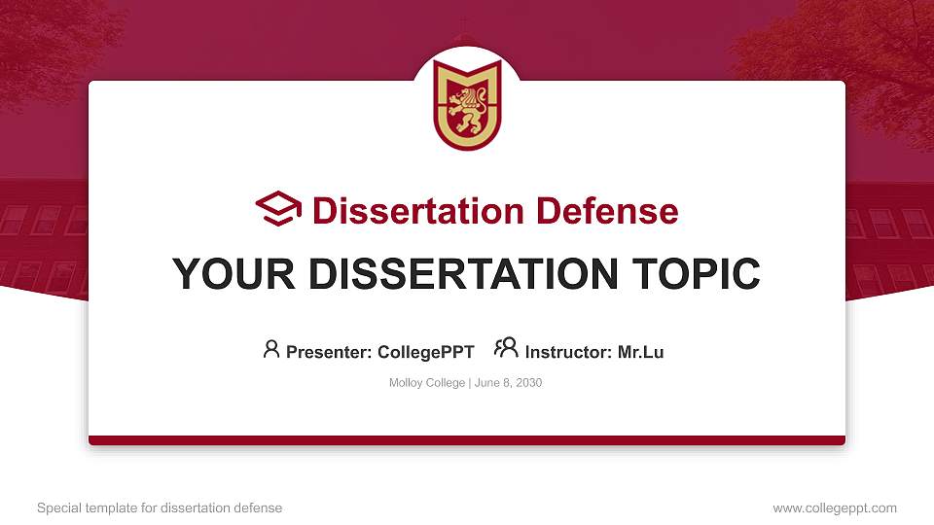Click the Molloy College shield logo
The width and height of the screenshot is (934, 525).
coord(467,105)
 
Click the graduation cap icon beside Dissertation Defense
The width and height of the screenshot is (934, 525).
coord(278,209)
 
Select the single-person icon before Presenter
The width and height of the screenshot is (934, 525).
coord(271,349)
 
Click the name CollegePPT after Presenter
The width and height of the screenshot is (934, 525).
coord(426,352)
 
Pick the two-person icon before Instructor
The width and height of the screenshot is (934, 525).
coord(506,349)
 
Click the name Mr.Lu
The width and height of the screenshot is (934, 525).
coord(640,352)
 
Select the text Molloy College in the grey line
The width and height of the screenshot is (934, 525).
coord(427,383)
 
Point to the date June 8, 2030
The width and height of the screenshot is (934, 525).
coord(508,383)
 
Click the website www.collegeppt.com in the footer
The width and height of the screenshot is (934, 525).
coord(835,507)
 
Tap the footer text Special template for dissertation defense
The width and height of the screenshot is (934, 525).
coord(160,507)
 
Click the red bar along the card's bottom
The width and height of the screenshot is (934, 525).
coord(467,440)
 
